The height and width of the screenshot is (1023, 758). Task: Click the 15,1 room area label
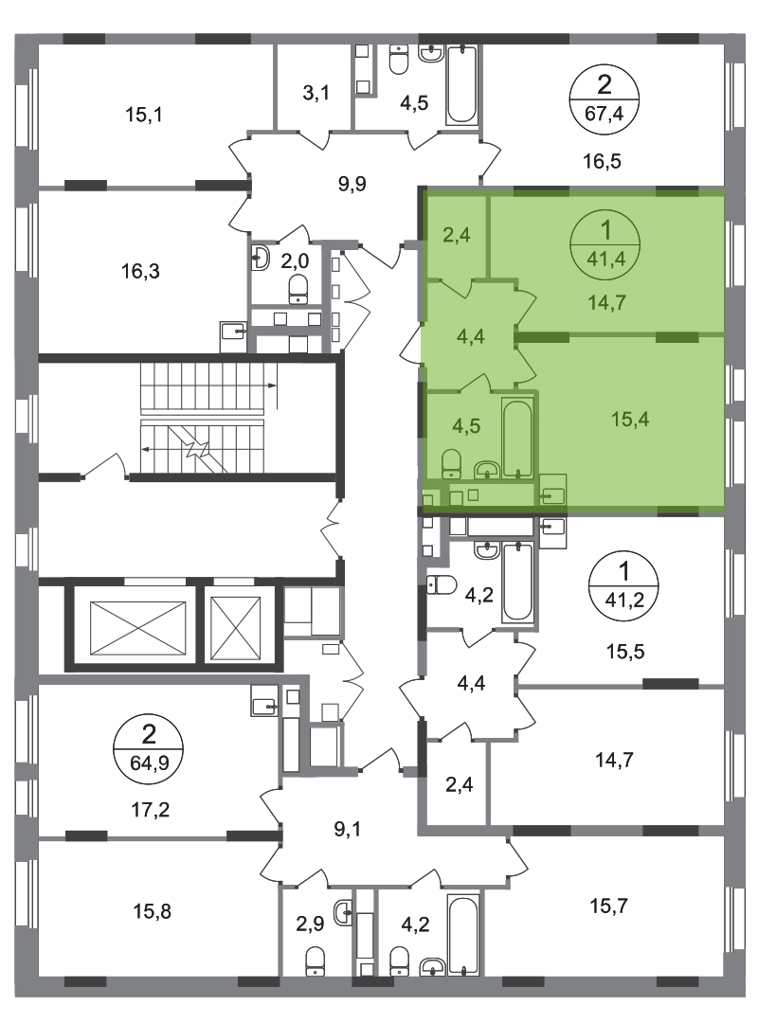tap(144, 115)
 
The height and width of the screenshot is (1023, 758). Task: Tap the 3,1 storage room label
tap(316, 93)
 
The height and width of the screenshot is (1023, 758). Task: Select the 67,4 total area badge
tap(604, 99)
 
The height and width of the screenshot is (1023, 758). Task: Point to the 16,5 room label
tap(602, 160)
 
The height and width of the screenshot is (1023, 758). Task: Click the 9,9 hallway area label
tap(352, 184)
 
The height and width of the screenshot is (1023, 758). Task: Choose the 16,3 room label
tap(140, 270)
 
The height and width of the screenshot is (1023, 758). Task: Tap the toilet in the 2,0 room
tap(298, 288)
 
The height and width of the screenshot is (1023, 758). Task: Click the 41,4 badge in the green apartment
tap(605, 244)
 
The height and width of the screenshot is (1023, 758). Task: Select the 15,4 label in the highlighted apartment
tap(630, 419)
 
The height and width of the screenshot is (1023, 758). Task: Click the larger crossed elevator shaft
tap(137, 627)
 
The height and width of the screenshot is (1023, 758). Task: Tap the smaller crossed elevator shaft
tap(236, 627)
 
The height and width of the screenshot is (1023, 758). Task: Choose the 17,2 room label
tap(150, 810)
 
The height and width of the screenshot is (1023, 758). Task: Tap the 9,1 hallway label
tap(347, 829)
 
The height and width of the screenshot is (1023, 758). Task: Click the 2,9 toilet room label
tap(310, 924)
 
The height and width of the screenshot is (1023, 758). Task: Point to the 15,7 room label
tap(609, 906)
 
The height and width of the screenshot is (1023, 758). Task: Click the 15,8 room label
tap(153, 910)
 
